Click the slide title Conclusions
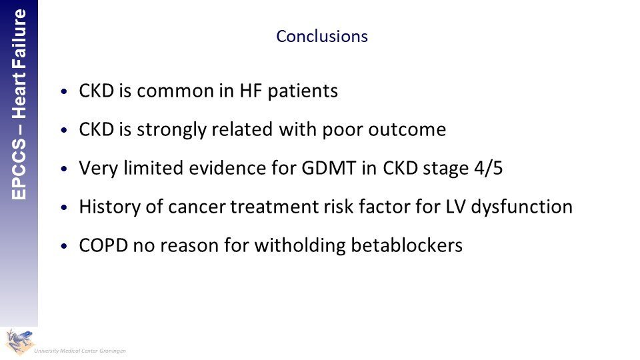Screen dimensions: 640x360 click(322, 36)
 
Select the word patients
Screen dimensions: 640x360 click(303, 91)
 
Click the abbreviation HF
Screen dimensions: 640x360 click(251, 91)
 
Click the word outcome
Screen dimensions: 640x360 click(407, 130)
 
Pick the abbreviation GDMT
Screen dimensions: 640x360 click(329, 168)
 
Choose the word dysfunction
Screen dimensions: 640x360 click(521, 207)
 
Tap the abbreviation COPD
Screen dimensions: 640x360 click(103, 246)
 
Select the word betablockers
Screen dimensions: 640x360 click(407, 246)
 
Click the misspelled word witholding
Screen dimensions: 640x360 click(300, 246)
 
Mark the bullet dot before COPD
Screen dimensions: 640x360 click(63, 246)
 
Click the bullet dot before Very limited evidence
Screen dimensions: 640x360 click(63, 169)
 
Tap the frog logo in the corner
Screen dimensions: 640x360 click(19, 341)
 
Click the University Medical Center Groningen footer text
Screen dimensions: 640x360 click(80, 351)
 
